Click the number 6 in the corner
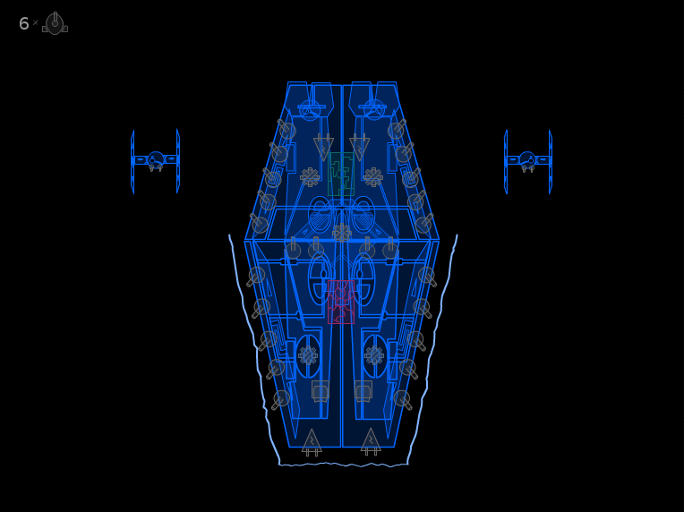(x=23, y=23)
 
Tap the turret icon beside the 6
(x=55, y=23)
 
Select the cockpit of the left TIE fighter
(x=155, y=158)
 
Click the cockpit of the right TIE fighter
(x=527, y=158)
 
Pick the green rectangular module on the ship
(x=341, y=174)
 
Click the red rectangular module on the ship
(x=341, y=302)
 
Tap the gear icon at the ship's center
(x=342, y=233)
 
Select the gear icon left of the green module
(x=310, y=177)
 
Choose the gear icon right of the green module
(x=373, y=177)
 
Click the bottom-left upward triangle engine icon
(x=312, y=442)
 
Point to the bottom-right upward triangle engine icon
(x=371, y=442)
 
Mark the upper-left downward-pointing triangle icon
(x=324, y=148)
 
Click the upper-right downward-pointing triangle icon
(x=359, y=148)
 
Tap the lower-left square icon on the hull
(x=321, y=391)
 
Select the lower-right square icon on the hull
(x=363, y=391)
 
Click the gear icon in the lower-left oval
(x=308, y=355)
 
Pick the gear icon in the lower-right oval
(x=374, y=355)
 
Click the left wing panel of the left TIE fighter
(x=133, y=161)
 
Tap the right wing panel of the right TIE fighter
(x=551, y=161)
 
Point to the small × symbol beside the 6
(x=35, y=22)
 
